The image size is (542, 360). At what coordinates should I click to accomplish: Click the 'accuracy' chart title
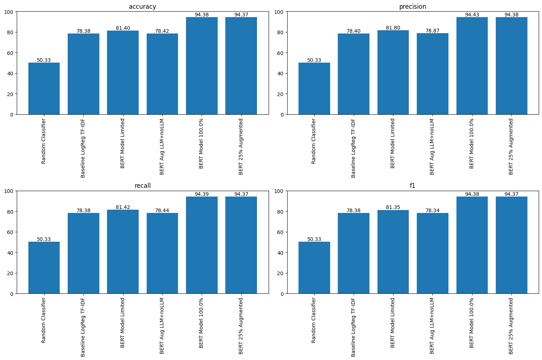pyautogui.click(x=142, y=7)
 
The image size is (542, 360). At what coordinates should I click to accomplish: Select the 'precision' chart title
pyautogui.click(x=412, y=7)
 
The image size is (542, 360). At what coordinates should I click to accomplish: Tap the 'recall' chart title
pyautogui.click(x=142, y=186)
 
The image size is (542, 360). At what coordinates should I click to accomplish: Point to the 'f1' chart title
pyautogui.click(x=412, y=186)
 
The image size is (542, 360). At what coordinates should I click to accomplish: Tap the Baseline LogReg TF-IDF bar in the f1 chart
pyautogui.click(x=353, y=253)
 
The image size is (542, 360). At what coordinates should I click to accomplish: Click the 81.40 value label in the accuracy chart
pyautogui.click(x=123, y=28)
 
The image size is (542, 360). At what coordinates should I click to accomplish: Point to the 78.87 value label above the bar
pyautogui.click(x=432, y=31)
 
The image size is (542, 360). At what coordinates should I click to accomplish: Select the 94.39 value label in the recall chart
pyautogui.click(x=202, y=194)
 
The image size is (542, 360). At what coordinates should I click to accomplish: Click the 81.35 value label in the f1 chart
pyautogui.click(x=393, y=207)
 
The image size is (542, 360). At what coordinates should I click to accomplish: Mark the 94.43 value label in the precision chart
pyautogui.click(x=472, y=15)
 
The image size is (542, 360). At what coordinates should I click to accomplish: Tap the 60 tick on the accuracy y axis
pyautogui.click(x=10, y=53)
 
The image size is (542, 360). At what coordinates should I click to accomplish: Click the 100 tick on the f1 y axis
pyautogui.click(x=278, y=191)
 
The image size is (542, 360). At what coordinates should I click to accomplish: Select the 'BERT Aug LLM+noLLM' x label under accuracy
pyautogui.click(x=162, y=146)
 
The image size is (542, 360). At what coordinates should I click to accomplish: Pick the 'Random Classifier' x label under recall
pyautogui.click(x=44, y=320)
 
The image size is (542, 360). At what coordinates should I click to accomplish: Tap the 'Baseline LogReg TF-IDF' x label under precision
pyautogui.click(x=353, y=148)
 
